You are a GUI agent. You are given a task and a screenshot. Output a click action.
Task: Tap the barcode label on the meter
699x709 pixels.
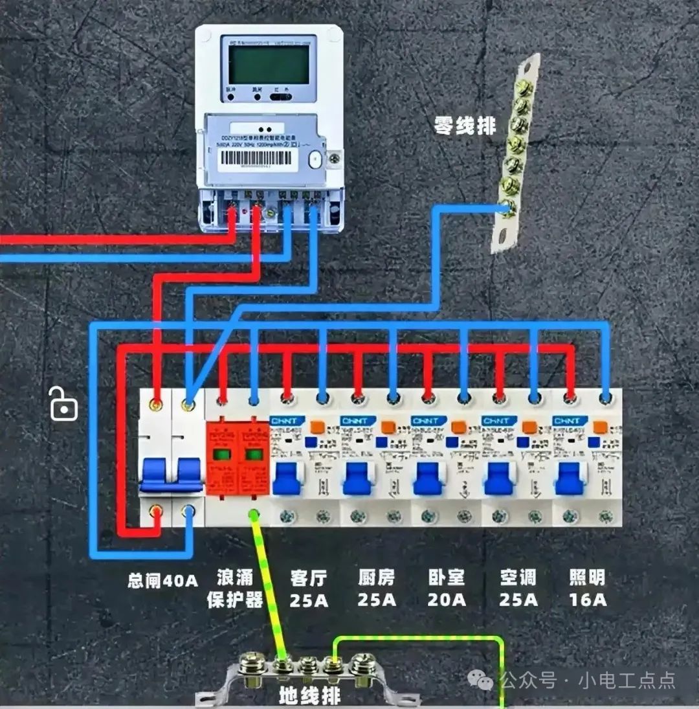(x=258, y=161)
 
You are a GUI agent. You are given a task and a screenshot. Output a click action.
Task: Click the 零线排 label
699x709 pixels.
(x=465, y=125)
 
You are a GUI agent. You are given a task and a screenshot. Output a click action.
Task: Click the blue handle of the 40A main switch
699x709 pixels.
(x=172, y=473)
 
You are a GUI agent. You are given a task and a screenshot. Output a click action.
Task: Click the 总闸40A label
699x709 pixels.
(x=162, y=580)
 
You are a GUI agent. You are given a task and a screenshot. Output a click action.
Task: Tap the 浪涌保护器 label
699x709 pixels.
(x=235, y=589)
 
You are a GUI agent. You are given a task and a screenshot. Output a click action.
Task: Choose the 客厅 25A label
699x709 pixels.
(x=309, y=589)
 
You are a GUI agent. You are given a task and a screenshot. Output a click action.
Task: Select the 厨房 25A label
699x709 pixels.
(x=377, y=589)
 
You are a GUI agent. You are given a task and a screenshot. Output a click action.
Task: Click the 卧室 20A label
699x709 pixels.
(x=447, y=589)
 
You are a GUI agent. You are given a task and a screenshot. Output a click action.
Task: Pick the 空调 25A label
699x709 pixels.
(x=518, y=589)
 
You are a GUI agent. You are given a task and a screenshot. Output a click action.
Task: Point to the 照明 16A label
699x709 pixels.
(x=588, y=589)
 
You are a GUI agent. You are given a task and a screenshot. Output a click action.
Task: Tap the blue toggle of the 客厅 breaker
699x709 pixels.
(x=287, y=478)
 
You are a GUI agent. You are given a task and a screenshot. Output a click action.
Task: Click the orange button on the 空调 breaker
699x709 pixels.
(x=529, y=427)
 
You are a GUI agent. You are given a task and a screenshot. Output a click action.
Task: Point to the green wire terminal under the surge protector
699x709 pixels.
(x=254, y=515)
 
